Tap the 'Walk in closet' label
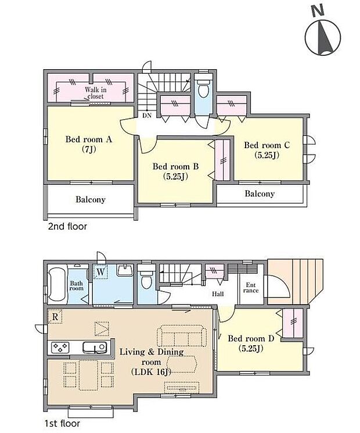[x=95, y=93]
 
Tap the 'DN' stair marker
[x=147, y=116]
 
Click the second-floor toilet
[x=203, y=86]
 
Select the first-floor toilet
[x=146, y=277]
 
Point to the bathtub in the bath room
[x=57, y=284]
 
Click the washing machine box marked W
[x=100, y=272]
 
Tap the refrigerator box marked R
[x=55, y=316]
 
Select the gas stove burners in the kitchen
[x=60, y=347]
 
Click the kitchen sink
[x=95, y=347]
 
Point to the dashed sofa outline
[x=182, y=335]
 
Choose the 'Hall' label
[x=218, y=294]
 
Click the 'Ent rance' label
[x=251, y=288]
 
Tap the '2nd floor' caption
[x=67, y=227]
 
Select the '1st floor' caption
[x=62, y=424]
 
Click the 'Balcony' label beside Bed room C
[x=260, y=194]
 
